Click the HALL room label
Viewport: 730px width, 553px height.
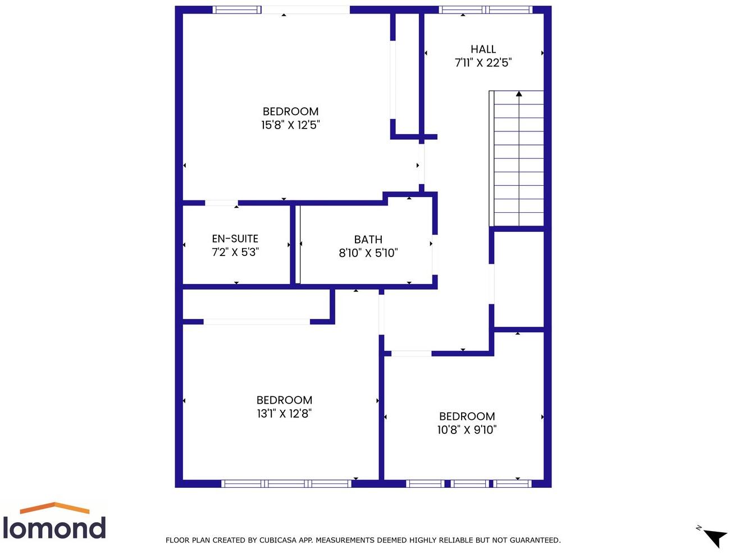pyautogui.click(x=483, y=49)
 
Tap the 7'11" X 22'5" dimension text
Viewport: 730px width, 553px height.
pyautogui.click(x=483, y=63)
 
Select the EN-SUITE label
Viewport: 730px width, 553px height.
pyautogui.click(x=235, y=239)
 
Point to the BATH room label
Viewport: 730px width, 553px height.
pyautogui.click(x=368, y=240)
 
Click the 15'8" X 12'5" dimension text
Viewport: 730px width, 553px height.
pyautogui.click(x=290, y=125)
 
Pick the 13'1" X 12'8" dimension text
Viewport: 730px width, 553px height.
pyautogui.click(x=284, y=414)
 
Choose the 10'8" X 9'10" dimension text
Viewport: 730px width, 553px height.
pyautogui.click(x=467, y=430)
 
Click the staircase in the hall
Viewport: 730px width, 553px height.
pyautogui.click(x=518, y=160)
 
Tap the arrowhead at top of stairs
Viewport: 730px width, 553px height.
pyautogui.click(x=519, y=94)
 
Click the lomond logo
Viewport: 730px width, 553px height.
pyautogui.click(x=54, y=522)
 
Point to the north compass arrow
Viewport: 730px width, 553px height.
pyautogui.click(x=715, y=537)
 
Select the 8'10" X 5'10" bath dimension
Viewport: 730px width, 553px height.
pyautogui.click(x=368, y=253)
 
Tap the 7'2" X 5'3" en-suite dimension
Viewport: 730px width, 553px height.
pyautogui.click(x=235, y=253)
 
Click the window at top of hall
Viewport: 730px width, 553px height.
pyautogui.click(x=485, y=10)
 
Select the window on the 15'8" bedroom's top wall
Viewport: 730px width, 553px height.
pyautogui.click(x=236, y=10)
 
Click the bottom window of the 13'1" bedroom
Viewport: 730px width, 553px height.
pyautogui.click(x=286, y=483)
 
